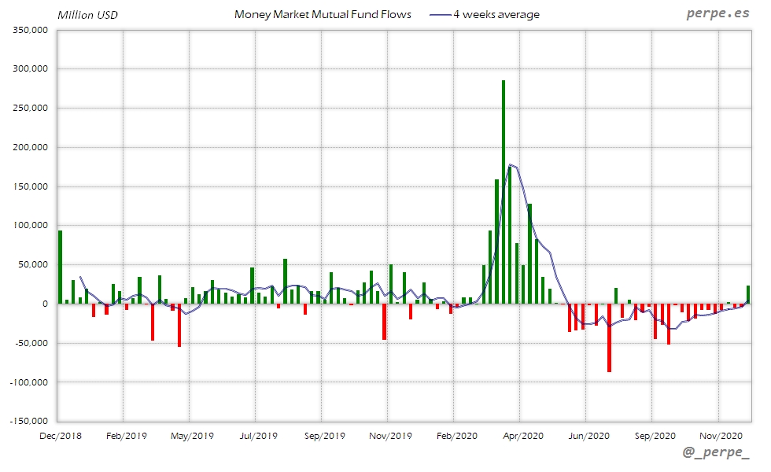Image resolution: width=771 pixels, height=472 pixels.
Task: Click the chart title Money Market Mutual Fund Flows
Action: click(323, 15)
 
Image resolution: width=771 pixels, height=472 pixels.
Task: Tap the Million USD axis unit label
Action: click(87, 15)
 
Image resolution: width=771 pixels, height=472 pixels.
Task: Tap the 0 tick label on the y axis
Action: click(45, 304)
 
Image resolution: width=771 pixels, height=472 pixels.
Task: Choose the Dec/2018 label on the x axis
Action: click(61, 435)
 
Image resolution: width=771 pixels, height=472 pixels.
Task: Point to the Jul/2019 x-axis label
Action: click(257, 435)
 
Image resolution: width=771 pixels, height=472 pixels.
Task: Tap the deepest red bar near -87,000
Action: click(609, 337)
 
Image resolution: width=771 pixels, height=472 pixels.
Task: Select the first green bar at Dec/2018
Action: click(61, 267)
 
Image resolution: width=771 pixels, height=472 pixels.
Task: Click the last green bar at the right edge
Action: click(748, 295)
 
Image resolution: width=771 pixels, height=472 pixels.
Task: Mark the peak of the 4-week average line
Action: click(511, 164)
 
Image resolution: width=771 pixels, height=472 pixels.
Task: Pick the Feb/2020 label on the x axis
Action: click(456, 435)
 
